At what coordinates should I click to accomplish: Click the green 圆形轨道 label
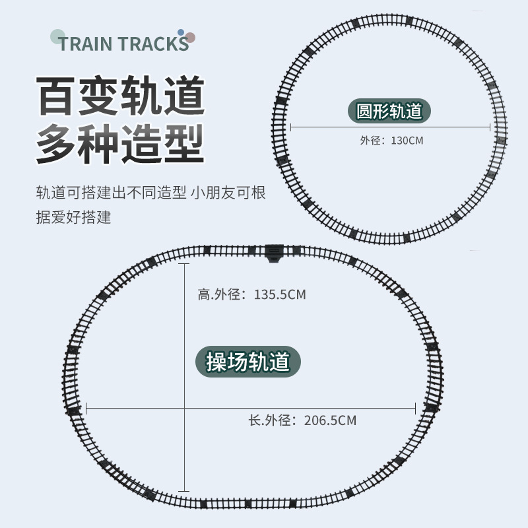(x=389, y=110)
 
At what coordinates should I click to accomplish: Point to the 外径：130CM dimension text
(x=391, y=141)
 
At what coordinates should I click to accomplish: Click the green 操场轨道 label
(x=248, y=362)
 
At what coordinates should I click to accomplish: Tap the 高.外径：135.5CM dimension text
(x=251, y=295)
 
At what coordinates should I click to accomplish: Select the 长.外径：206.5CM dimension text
(x=302, y=420)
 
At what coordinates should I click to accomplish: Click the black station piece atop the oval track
(x=273, y=251)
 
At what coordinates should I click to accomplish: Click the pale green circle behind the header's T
(x=58, y=36)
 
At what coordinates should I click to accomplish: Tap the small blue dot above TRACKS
(x=181, y=32)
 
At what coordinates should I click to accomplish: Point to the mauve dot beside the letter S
(x=190, y=38)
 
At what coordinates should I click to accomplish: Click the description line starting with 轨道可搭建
(x=150, y=193)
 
